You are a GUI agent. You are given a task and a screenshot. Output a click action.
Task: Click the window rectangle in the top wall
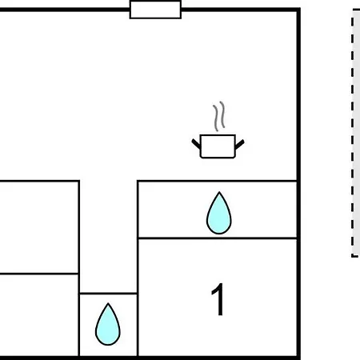[x=155, y=10]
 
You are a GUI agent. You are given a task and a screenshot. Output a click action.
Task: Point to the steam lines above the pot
[x=219, y=116]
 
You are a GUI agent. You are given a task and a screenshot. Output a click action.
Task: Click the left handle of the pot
[x=196, y=144]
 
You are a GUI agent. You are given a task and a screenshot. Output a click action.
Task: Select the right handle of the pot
[x=239, y=144]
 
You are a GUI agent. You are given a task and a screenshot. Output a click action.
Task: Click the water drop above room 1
[x=219, y=213]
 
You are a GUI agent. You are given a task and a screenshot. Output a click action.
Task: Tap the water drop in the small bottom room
[x=108, y=324]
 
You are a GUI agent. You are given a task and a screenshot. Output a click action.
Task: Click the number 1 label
[x=218, y=299]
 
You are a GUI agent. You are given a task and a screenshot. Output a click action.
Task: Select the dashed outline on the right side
[x=353, y=134]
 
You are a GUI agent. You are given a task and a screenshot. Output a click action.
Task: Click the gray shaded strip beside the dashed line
[x=357, y=134]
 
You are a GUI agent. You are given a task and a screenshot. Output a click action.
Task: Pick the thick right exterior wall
[x=298, y=184]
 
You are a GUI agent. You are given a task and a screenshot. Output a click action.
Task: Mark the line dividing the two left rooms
[x=39, y=274]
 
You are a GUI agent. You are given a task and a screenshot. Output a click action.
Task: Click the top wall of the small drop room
[x=108, y=294]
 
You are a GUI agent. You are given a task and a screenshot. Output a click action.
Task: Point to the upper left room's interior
[x=39, y=227]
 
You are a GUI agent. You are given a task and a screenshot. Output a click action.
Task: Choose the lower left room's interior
[x=39, y=315]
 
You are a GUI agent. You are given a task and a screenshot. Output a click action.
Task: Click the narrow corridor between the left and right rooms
[x=108, y=237]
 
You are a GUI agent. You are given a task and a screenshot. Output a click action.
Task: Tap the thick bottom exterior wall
[x=150, y=358]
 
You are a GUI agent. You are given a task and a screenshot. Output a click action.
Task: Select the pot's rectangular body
[x=218, y=146]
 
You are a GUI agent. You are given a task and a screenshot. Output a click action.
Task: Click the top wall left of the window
[x=65, y=10]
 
